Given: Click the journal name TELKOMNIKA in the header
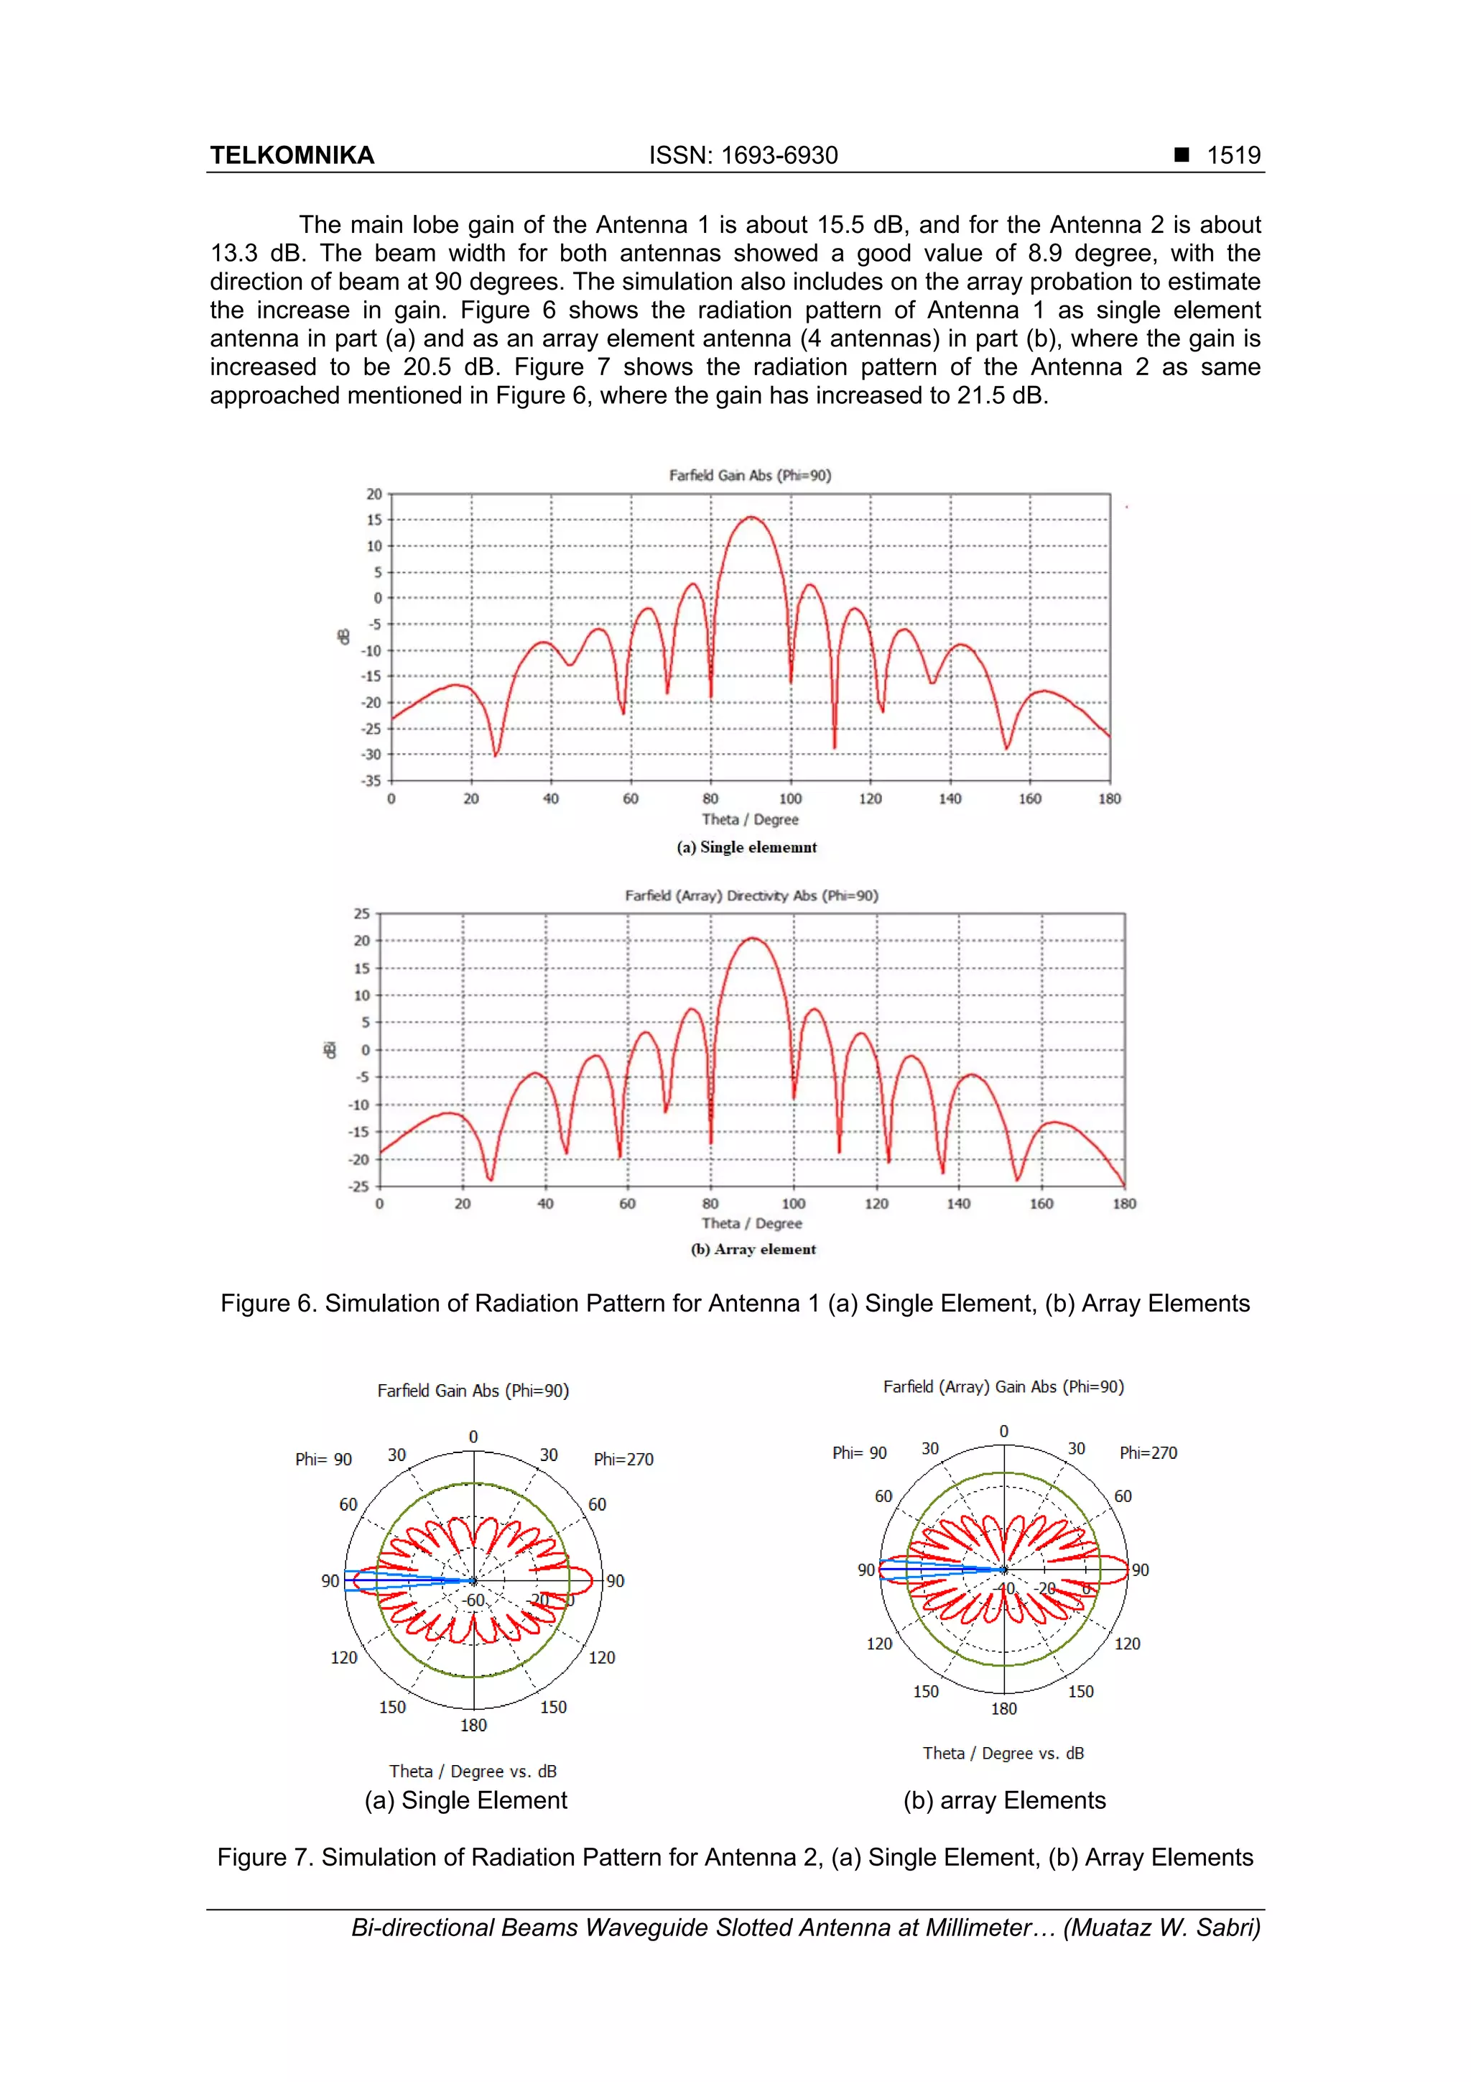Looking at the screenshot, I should tap(292, 155).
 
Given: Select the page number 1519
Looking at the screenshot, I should tap(1233, 155).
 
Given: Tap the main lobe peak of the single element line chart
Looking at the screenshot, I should tap(751, 517).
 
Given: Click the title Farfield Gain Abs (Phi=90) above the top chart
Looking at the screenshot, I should tap(750, 475).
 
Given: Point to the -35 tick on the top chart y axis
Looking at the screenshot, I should tap(371, 780).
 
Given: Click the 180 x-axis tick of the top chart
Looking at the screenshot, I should tap(1110, 799).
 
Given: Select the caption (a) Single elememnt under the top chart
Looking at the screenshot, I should tap(747, 847).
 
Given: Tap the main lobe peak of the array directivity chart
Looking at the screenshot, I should tap(752, 939).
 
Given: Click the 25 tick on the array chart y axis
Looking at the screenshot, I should tap(361, 913).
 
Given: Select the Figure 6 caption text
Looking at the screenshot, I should tap(735, 1303).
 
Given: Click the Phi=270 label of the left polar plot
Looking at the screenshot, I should tap(623, 1459).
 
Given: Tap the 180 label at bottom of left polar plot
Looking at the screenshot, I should tap(473, 1725).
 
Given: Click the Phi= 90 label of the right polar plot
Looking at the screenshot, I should tap(859, 1452).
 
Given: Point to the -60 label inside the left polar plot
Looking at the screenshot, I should tap(473, 1600).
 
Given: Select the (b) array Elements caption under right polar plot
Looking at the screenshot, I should tap(1004, 1800).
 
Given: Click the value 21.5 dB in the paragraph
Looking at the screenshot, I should tap(1001, 395).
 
